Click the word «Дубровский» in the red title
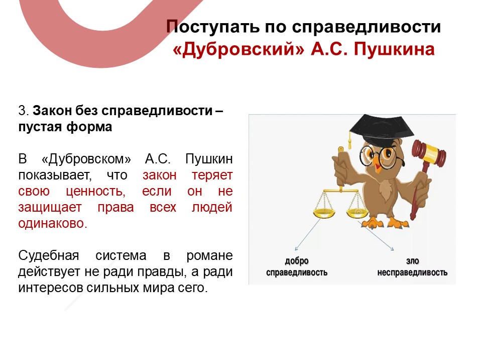click(238, 49)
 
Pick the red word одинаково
click(53, 223)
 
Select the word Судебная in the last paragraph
click(49, 256)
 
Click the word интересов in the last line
click(51, 288)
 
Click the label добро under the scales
click(296, 261)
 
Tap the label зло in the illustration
click(412, 261)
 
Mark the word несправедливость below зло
click(412, 273)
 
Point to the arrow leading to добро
click(308, 234)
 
